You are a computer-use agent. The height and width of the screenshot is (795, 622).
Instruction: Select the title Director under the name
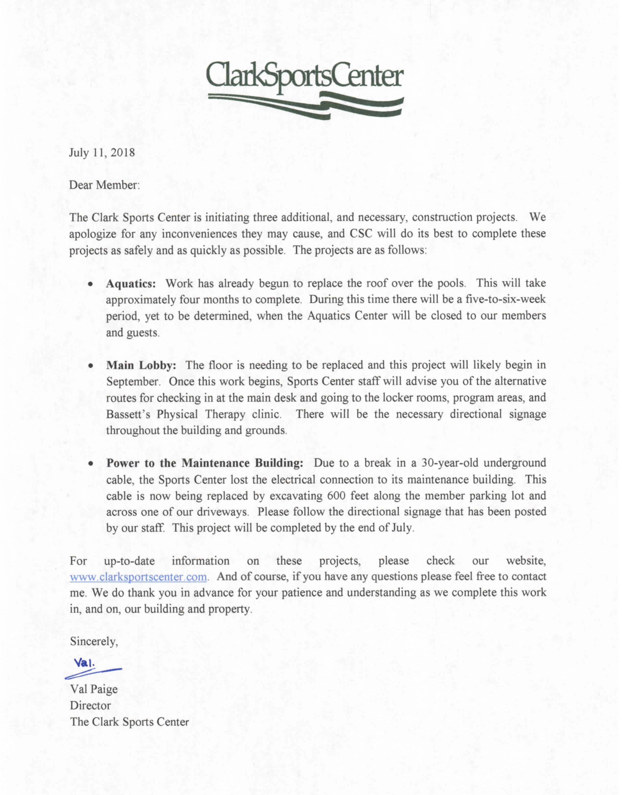[90, 706]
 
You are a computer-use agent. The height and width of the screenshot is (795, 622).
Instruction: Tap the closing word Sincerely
[94, 641]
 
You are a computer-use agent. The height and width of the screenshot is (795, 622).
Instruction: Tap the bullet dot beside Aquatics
[90, 284]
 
